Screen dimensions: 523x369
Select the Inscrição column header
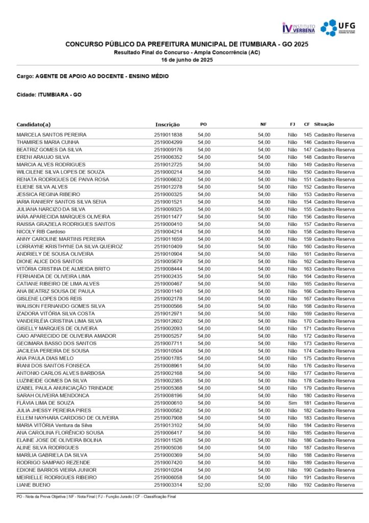click(167, 124)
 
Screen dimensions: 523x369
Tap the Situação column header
click(324, 124)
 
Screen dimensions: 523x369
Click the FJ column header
click(292, 124)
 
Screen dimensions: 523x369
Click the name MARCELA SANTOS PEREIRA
click(51, 135)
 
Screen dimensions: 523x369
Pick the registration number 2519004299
click(168, 142)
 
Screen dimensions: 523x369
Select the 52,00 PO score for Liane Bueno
click(204, 485)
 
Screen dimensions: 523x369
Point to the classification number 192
click(307, 485)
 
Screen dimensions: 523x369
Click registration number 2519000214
click(168, 172)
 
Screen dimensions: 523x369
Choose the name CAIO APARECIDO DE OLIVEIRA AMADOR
click(66, 336)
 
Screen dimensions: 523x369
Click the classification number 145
click(307, 135)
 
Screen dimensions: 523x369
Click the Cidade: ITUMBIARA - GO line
click(49, 94)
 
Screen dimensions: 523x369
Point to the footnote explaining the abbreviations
click(96, 496)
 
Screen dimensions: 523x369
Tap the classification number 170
click(307, 321)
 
